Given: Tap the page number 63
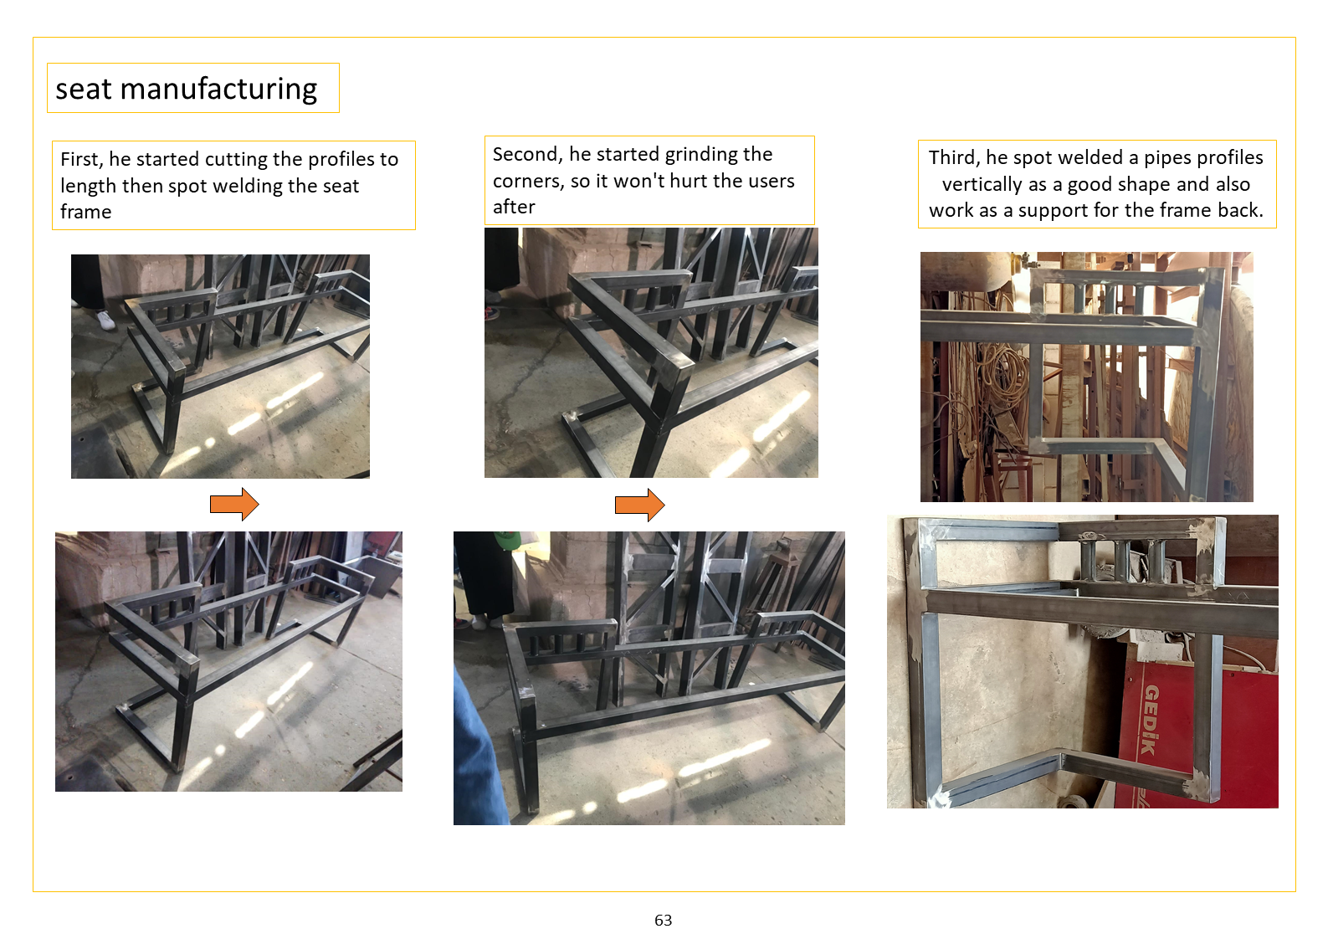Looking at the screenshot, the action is (663, 920).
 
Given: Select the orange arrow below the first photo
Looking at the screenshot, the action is (235, 505).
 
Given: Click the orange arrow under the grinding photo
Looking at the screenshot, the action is (639, 505).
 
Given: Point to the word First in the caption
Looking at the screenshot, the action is (82, 160).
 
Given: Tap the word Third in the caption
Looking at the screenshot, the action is (953, 157).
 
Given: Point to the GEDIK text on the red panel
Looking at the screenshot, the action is (1150, 720).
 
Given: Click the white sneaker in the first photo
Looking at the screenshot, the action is (105, 320).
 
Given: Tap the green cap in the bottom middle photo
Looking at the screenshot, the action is (507, 539).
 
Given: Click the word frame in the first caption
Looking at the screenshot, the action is (86, 213).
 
